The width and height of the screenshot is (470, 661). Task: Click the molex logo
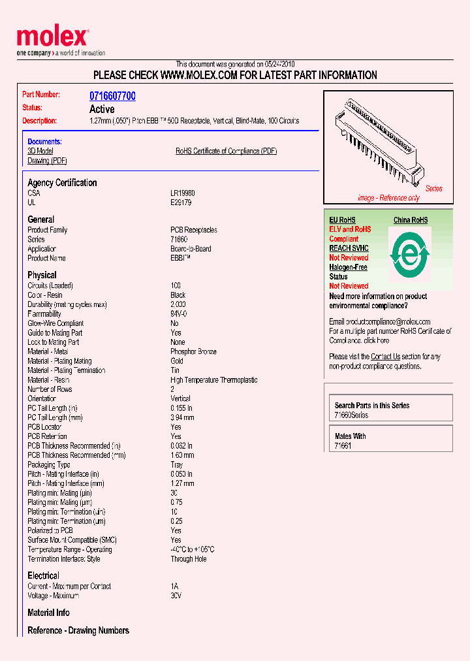[52, 39]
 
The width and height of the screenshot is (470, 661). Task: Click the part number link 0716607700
[112, 96]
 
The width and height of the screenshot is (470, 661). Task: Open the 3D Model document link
[40, 151]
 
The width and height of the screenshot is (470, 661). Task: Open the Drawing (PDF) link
[47, 161]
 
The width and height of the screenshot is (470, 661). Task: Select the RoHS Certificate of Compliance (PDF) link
[226, 151]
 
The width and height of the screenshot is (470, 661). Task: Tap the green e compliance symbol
[409, 253]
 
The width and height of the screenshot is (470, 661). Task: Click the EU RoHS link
[342, 220]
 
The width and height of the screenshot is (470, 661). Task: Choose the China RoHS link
[410, 220]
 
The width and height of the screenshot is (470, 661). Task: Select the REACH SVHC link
[349, 248]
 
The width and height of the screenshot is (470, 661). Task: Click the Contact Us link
[385, 357]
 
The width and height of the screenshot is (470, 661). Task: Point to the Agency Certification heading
[62, 183]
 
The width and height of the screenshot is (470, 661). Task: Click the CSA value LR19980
[183, 193]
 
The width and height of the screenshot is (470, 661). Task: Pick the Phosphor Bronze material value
[193, 351]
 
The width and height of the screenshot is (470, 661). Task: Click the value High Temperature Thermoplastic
[214, 380]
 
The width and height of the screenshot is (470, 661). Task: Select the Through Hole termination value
[189, 559]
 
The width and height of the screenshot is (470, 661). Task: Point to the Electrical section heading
[43, 575]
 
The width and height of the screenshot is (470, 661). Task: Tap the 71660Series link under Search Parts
[351, 415]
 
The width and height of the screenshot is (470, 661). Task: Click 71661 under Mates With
[343, 446]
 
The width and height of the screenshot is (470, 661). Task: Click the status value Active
[102, 109]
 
